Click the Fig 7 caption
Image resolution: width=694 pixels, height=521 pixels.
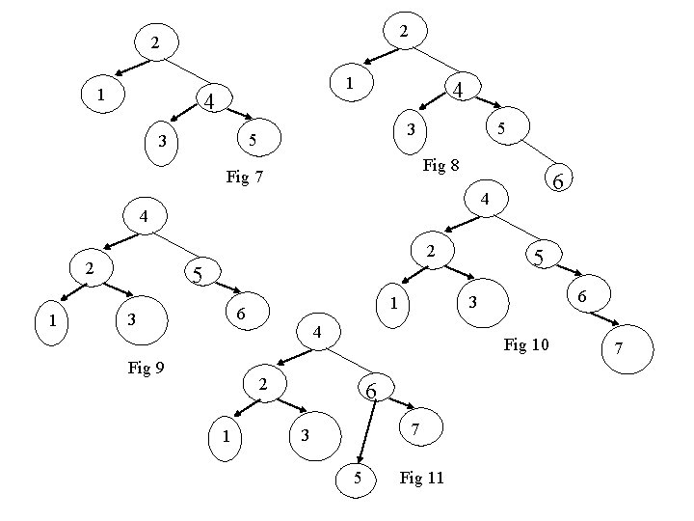coord(244,178)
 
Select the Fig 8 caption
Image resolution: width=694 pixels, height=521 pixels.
coord(440,166)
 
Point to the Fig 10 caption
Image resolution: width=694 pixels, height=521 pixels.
coord(526,344)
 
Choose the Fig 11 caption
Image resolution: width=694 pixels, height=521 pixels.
coord(421,479)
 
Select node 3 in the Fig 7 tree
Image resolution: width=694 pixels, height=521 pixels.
coord(164,143)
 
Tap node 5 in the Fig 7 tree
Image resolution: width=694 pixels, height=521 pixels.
coord(253,141)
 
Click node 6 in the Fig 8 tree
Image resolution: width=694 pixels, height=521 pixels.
coord(557,178)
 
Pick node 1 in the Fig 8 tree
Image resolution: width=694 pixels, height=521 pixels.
coord(350,85)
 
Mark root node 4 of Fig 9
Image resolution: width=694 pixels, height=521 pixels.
coord(143,216)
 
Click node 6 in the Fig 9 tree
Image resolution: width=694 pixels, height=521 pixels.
coord(242,315)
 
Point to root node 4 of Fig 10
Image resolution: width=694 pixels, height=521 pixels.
coord(486,199)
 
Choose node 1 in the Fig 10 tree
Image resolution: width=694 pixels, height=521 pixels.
coord(393,306)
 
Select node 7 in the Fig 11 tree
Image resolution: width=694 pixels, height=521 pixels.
coord(414,427)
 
